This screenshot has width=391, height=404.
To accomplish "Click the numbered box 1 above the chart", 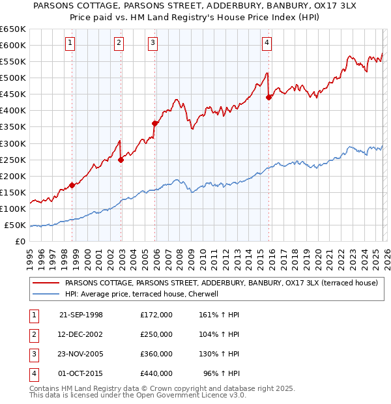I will click(70, 44).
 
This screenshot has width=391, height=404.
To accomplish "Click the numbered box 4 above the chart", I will click(267, 44).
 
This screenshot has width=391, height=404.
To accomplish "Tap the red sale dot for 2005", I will click(155, 123).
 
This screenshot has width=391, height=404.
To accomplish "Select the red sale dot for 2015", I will click(268, 97).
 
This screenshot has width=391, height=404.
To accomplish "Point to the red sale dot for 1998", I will click(72, 185).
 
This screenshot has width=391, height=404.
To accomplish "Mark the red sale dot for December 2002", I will click(121, 160).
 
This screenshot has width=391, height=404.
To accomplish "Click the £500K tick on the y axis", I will click(13, 78).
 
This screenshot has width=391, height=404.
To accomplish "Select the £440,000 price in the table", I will click(156, 373).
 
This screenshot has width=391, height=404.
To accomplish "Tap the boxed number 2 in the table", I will click(33, 334).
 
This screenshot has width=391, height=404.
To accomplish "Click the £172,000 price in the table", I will click(156, 315).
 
